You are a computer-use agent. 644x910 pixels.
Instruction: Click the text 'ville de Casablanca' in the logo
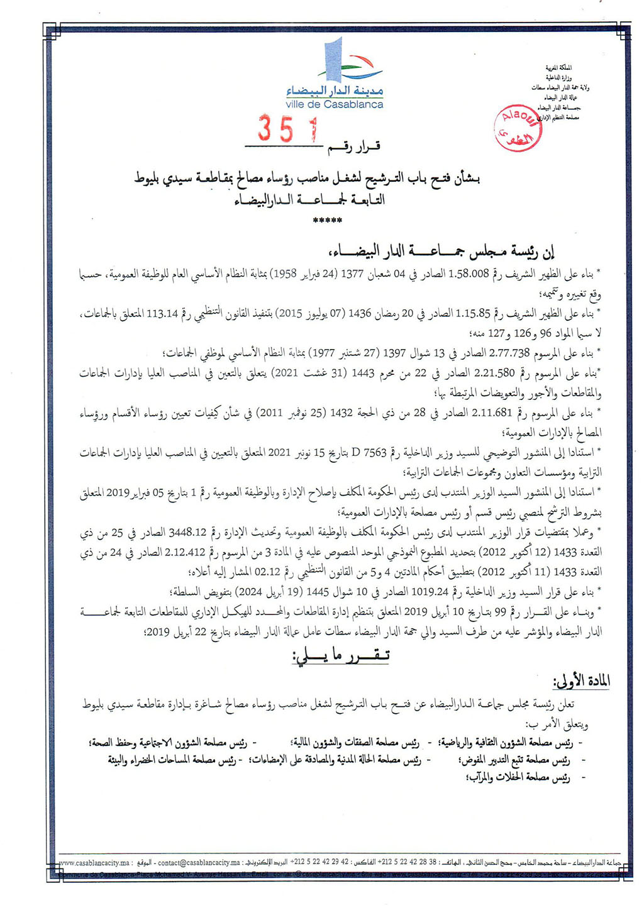[x=334, y=104]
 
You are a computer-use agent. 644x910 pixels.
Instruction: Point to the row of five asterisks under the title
[x=328, y=221]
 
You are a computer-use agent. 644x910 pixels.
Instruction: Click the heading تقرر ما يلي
[x=340, y=655]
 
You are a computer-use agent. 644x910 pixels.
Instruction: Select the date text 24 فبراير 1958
[x=295, y=274]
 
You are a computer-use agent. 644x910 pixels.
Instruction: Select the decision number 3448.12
[x=187, y=533]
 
